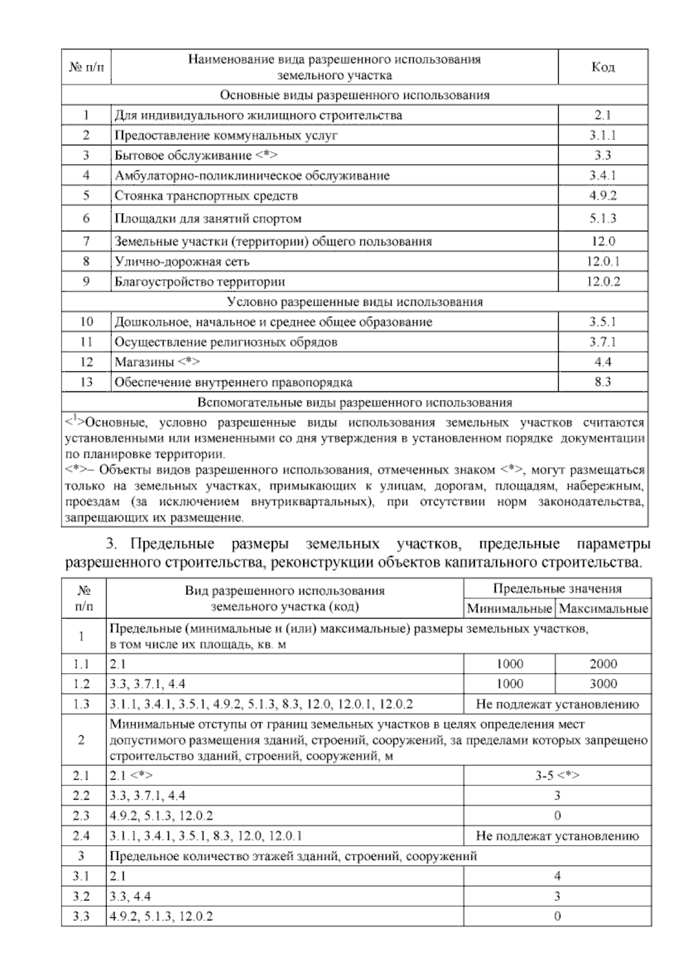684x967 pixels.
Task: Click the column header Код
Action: (x=602, y=68)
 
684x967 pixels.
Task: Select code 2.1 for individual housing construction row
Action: (x=602, y=116)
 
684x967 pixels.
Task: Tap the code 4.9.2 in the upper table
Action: (x=602, y=196)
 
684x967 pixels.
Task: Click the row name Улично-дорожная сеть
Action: (x=182, y=262)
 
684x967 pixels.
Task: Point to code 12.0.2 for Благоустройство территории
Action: (x=602, y=282)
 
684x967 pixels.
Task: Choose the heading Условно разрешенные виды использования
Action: (x=355, y=302)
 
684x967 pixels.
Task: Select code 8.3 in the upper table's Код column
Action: (x=602, y=382)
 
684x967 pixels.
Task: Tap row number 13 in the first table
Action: (x=86, y=382)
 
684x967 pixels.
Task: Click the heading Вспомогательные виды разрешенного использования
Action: (x=355, y=403)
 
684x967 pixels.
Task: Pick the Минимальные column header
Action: (x=509, y=609)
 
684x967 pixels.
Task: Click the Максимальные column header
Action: (x=603, y=609)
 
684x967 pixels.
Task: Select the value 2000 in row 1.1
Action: (x=603, y=664)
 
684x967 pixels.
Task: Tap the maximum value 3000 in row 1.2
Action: (x=603, y=684)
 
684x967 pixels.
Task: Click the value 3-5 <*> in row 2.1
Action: (x=557, y=776)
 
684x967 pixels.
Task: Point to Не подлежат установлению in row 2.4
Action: (x=557, y=836)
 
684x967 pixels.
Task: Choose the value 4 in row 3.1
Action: (x=557, y=876)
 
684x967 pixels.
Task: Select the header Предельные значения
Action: (x=557, y=589)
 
